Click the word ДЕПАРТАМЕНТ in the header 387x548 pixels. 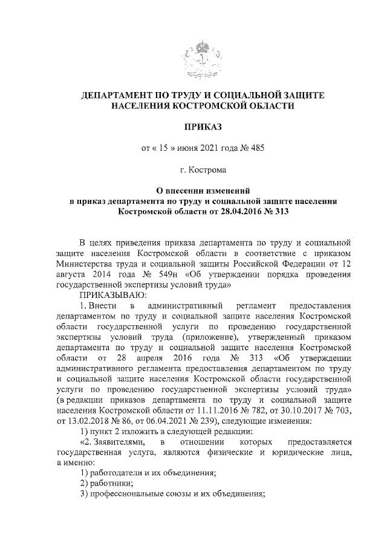click(121, 96)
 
